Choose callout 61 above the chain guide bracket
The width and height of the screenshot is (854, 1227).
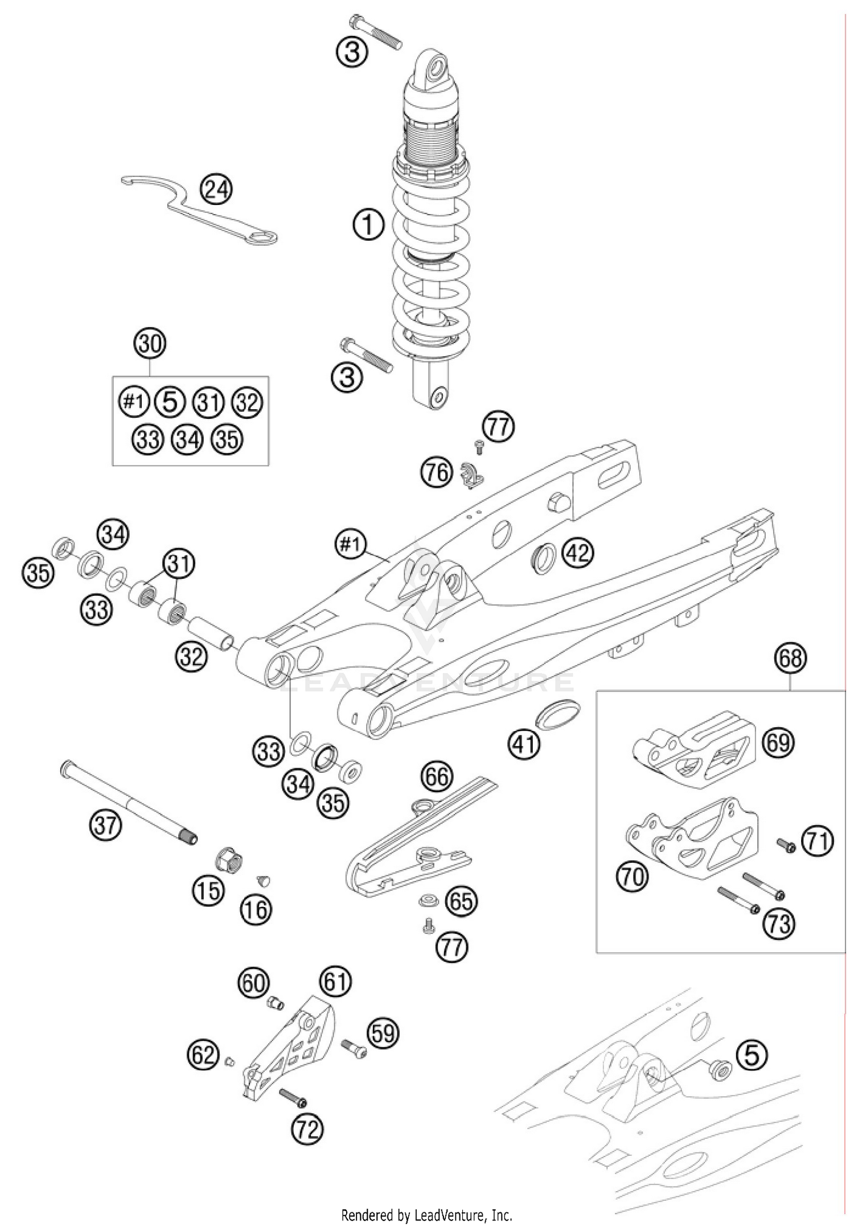(x=336, y=982)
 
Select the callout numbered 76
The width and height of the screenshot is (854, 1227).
(x=437, y=473)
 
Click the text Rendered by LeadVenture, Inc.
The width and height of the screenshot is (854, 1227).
(x=426, y=1216)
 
